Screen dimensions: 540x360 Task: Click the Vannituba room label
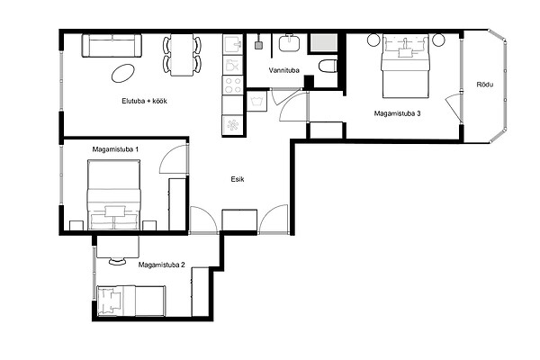point(283,70)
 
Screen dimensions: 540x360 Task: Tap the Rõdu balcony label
point(485,85)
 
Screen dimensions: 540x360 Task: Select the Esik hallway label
point(238,179)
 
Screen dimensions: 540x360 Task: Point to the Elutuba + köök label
point(144,102)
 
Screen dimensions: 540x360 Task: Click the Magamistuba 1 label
point(115,149)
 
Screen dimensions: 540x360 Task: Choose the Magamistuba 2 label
point(161,265)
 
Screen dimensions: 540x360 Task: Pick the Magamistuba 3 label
point(397,113)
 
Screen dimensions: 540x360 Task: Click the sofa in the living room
point(112,45)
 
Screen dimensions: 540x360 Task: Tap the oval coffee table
point(123,73)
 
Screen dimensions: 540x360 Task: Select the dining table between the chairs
point(182,55)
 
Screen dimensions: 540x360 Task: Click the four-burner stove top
point(233,85)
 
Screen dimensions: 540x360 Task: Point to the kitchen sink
point(233,44)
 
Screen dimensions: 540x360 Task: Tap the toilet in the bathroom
point(328,66)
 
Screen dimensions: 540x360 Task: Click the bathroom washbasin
point(289,43)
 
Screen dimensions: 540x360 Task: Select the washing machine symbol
point(256,101)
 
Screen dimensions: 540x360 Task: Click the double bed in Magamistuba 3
point(406,66)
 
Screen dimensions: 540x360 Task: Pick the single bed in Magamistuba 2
point(131,301)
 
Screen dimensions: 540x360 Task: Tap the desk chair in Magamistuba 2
point(117,262)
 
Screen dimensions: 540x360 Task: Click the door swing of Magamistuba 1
point(175,158)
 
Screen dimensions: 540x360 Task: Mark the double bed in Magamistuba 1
point(114,195)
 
